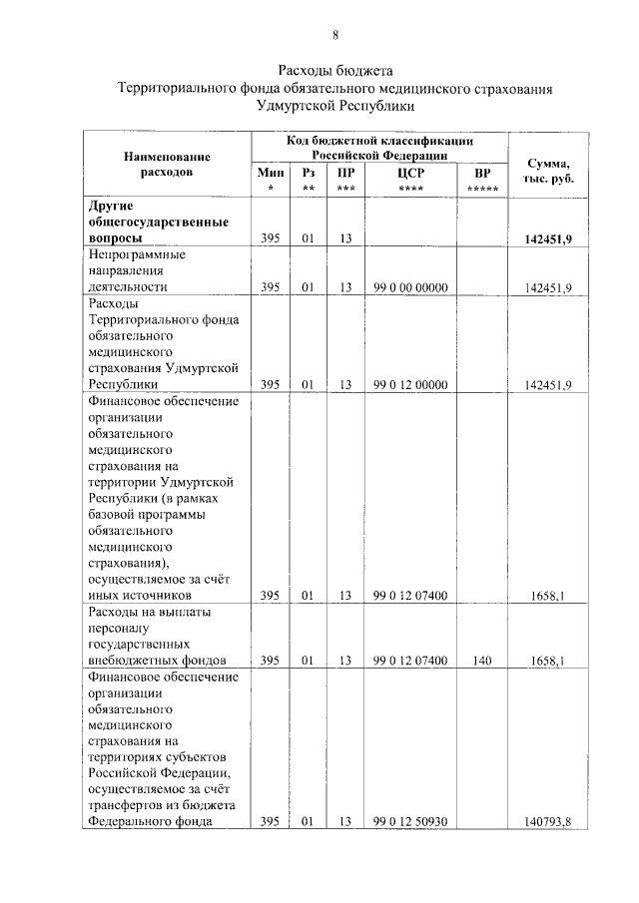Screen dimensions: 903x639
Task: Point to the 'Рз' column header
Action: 308,172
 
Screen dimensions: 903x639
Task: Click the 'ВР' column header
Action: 482,172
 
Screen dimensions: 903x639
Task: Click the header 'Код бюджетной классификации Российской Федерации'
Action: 379,149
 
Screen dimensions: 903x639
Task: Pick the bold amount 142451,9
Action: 547,239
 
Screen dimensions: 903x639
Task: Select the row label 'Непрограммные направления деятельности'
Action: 140,270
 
